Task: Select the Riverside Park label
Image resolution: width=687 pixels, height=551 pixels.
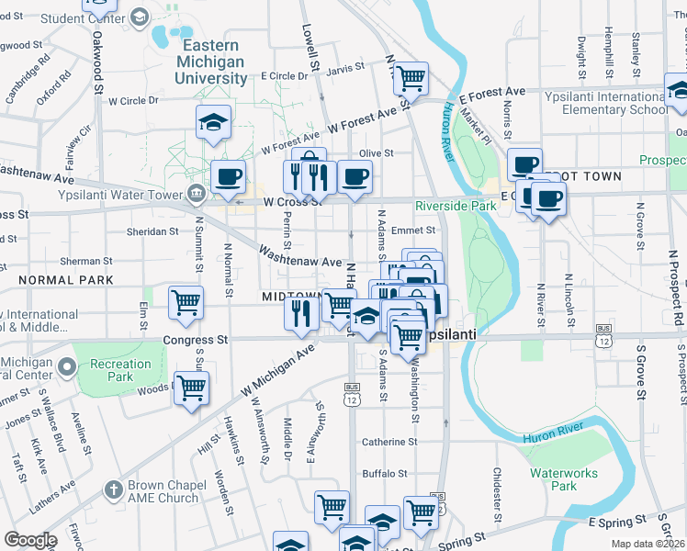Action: point(456,206)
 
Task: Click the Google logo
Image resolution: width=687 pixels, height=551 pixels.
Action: point(31,540)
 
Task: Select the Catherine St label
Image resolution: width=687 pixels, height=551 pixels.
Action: point(389,442)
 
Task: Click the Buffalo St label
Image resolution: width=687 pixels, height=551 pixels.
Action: point(385,474)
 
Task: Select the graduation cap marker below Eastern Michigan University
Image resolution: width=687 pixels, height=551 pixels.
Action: point(213,122)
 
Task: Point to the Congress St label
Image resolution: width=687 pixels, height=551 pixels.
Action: point(195,340)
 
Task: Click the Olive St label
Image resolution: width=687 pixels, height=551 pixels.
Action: point(376,153)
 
